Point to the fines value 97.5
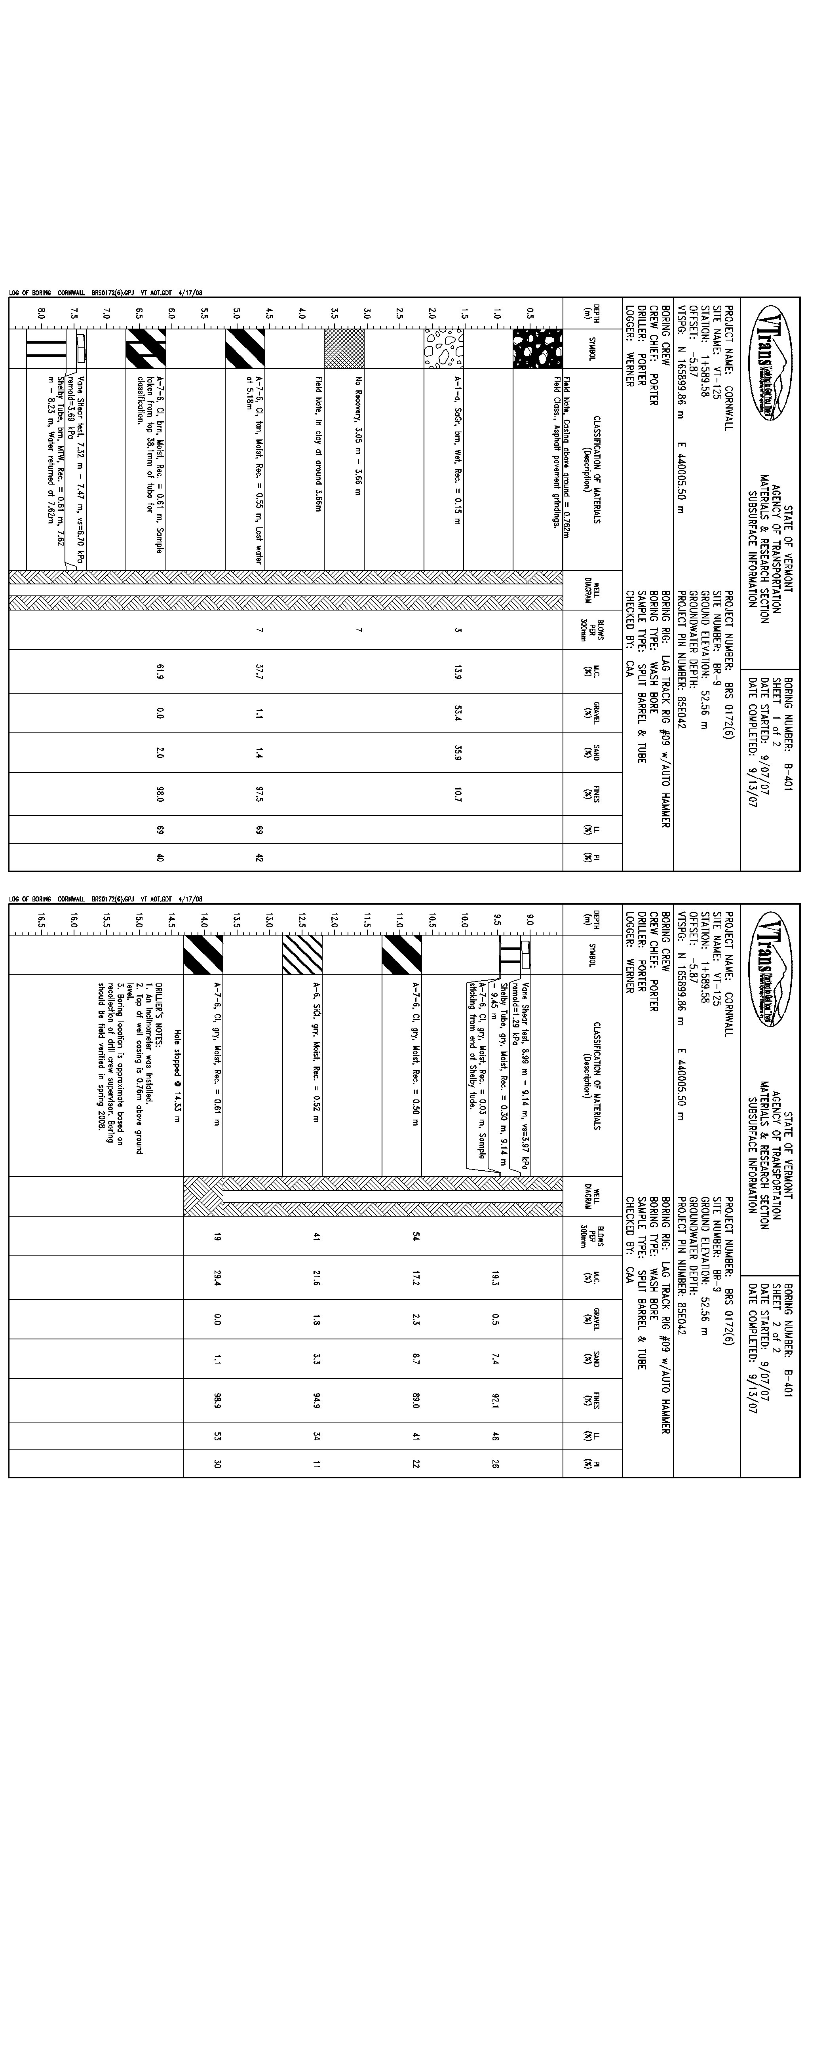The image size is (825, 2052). pyautogui.click(x=260, y=793)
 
